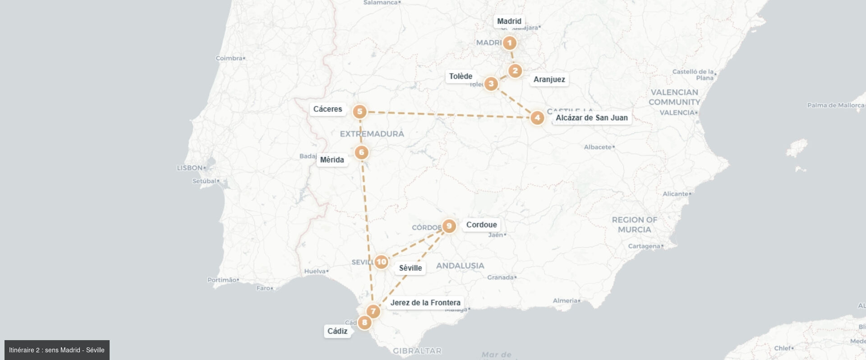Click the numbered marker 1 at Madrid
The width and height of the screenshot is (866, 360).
pos(510,43)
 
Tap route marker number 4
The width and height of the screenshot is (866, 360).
pos(537,118)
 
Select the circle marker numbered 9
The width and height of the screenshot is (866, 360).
pos(449,226)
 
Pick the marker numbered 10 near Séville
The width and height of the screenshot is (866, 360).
pos(382,262)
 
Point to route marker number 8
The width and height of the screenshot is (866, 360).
pos(364,322)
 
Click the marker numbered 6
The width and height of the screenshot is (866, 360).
pos(361,152)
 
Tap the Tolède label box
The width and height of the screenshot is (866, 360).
pos(461,76)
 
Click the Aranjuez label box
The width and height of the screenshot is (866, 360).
pos(549,79)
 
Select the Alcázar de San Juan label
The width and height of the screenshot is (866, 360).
pos(591,118)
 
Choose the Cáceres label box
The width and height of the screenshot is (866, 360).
pos(327,109)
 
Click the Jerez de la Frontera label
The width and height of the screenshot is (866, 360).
pos(425,303)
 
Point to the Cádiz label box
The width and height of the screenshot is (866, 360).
pos(337,331)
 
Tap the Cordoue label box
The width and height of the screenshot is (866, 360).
pos(481,225)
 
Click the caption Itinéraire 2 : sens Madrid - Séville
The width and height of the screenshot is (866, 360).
pos(57,350)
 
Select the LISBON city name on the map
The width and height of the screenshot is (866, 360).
pos(190,168)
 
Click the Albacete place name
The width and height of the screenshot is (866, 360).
pos(598,147)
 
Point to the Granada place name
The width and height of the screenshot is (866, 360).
pos(500,277)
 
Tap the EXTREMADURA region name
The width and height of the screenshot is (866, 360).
pos(372,134)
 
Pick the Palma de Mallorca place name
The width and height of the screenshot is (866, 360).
pos(835,106)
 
